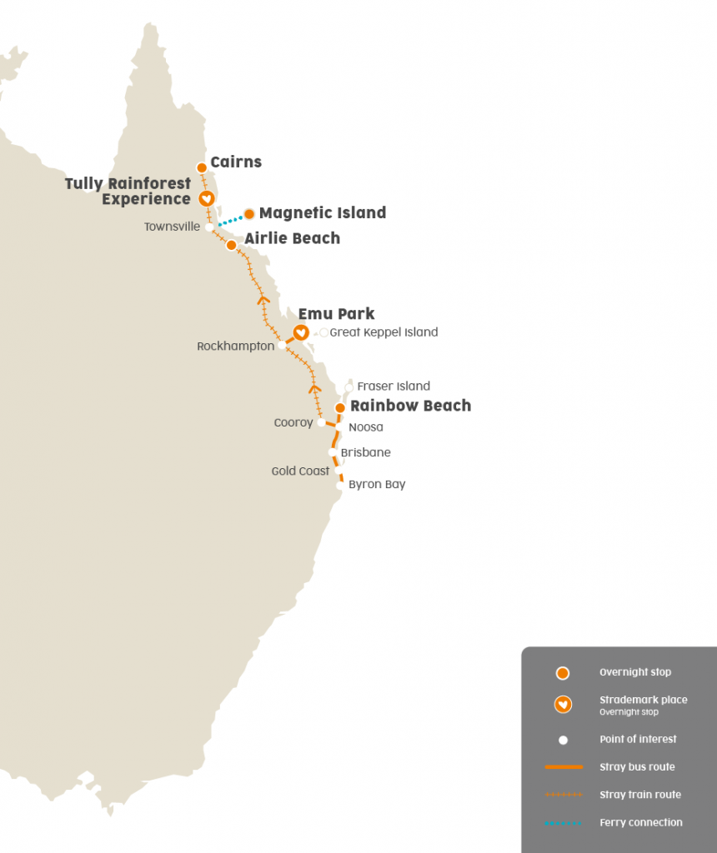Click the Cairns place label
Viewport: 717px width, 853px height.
pyautogui.click(x=236, y=162)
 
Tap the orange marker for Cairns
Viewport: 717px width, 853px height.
pyautogui.click(x=202, y=167)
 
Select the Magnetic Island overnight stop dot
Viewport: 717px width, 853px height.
pyautogui.click(x=248, y=213)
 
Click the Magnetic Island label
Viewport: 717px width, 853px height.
pyautogui.click(x=323, y=213)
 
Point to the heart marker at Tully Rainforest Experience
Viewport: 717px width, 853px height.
pyautogui.click(x=206, y=198)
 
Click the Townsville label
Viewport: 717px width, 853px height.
pyautogui.click(x=172, y=227)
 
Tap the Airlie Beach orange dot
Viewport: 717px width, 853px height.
pyautogui.click(x=231, y=245)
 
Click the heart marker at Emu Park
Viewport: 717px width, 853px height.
pyautogui.click(x=301, y=332)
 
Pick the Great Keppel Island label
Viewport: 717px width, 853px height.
pyautogui.click(x=384, y=332)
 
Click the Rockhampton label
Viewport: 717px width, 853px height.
pyautogui.click(x=236, y=346)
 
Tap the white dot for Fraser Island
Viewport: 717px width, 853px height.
pyautogui.click(x=349, y=387)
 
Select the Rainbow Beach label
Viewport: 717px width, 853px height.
pyautogui.click(x=410, y=406)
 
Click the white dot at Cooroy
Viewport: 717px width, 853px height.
pyautogui.click(x=322, y=422)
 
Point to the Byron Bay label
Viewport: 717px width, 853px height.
pyautogui.click(x=377, y=484)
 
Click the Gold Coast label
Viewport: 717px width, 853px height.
pyautogui.click(x=300, y=471)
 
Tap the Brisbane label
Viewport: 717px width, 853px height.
pyautogui.click(x=365, y=453)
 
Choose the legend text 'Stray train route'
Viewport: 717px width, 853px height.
pyautogui.click(x=639, y=795)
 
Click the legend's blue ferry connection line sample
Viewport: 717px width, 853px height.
pyautogui.click(x=563, y=823)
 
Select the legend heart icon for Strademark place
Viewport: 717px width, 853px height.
pyautogui.click(x=563, y=705)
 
